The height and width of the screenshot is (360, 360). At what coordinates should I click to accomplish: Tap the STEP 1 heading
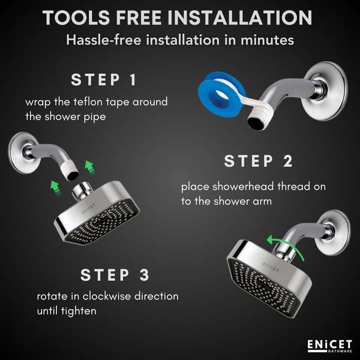104,80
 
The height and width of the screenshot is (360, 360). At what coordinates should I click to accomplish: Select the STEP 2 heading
258,161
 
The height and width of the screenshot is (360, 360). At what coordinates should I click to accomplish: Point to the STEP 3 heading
115,275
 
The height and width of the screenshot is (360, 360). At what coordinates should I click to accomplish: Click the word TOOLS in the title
76,17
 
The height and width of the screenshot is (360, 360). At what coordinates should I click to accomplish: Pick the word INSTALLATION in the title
239,17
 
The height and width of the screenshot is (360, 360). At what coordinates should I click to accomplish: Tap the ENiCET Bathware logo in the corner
329,346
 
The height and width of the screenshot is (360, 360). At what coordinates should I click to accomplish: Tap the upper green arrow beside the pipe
89,169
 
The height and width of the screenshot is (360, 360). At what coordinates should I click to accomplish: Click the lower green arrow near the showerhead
56,188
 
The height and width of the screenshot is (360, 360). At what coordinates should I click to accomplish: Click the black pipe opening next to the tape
257,124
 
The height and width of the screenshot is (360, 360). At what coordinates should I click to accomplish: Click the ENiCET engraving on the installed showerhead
271,267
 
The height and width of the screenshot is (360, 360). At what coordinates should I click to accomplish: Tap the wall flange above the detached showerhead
22,153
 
